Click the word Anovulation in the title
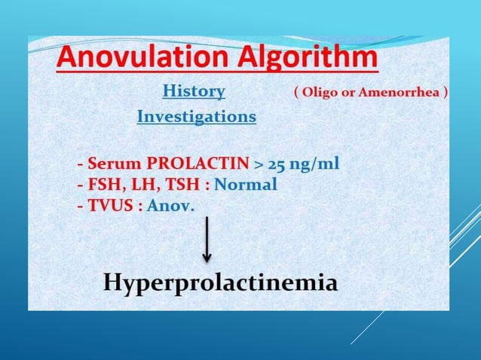[x=134, y=59]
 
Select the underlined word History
[x=194, y=92]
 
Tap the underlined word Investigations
[x=196, y=117]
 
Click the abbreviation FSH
[x=101, y=185]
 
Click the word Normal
[x=246, y=185]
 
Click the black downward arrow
[x=207, y=241]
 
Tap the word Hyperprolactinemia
[x=220, y=282]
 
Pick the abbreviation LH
[x=139, y=185]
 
